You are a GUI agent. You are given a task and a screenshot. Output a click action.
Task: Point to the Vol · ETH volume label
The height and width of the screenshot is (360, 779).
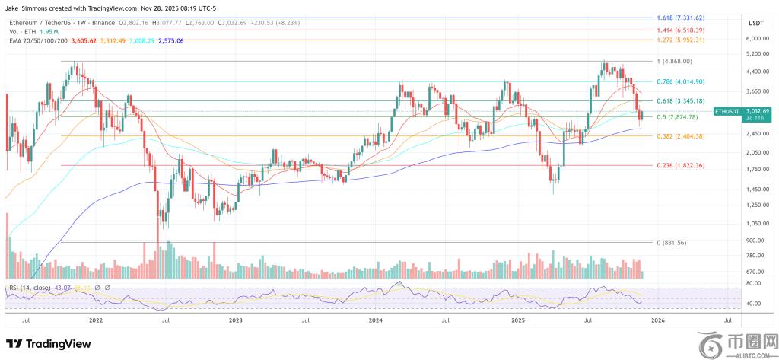pos(21,32)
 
